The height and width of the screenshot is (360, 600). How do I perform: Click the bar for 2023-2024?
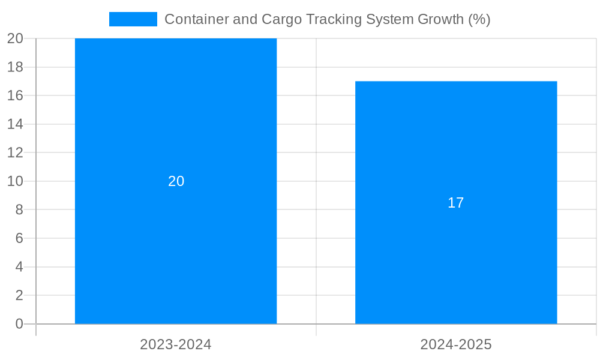click(x=176, y=252)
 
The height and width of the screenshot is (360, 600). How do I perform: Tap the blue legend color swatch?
click(x=133, y=19)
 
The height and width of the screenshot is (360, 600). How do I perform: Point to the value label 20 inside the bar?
click(x=176, y=181)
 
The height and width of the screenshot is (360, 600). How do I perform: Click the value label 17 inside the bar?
click(x=456, y=203)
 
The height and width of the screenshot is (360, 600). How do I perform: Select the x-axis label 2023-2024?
click(x=176, y=344)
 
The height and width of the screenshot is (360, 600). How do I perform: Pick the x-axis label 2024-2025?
click(x=456, y=344)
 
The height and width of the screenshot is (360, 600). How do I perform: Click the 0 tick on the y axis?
click(x=19, y=324)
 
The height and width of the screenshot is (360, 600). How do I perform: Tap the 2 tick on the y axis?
click(x=19, y=295)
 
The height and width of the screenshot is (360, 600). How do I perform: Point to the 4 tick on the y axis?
click(x=19, y=267)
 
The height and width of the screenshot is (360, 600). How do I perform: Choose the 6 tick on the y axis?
click(x=19, y=238)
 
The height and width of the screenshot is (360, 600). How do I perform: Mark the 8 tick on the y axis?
click(x=19, y=210)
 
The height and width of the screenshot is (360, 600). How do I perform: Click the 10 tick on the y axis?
click(x=15, y=181)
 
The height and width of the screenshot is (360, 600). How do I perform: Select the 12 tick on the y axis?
click(x=15, y=152)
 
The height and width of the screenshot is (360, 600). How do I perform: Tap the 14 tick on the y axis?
click(x=15, y=124)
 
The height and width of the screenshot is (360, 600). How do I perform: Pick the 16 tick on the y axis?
click(x=15, y=95)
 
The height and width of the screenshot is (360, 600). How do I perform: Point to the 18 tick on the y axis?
click(x=15, y=67)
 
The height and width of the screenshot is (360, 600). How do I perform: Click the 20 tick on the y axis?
click(x=15, y=38)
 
